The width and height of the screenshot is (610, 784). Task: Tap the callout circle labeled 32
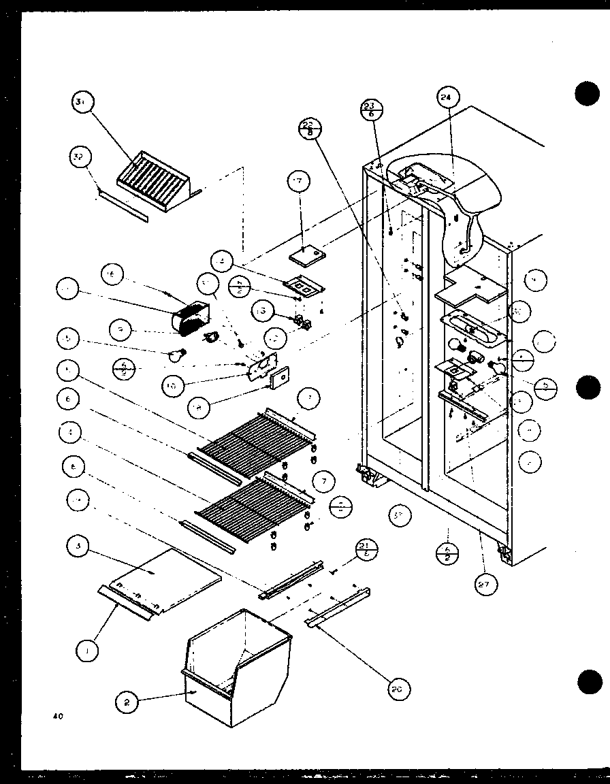[79, 158]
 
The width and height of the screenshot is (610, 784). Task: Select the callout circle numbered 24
[446, 97]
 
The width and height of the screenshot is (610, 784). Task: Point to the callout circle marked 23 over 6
[372, 110]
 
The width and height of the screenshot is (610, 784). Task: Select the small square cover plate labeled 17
[308, 256]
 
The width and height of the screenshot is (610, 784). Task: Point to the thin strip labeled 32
[123, 206]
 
